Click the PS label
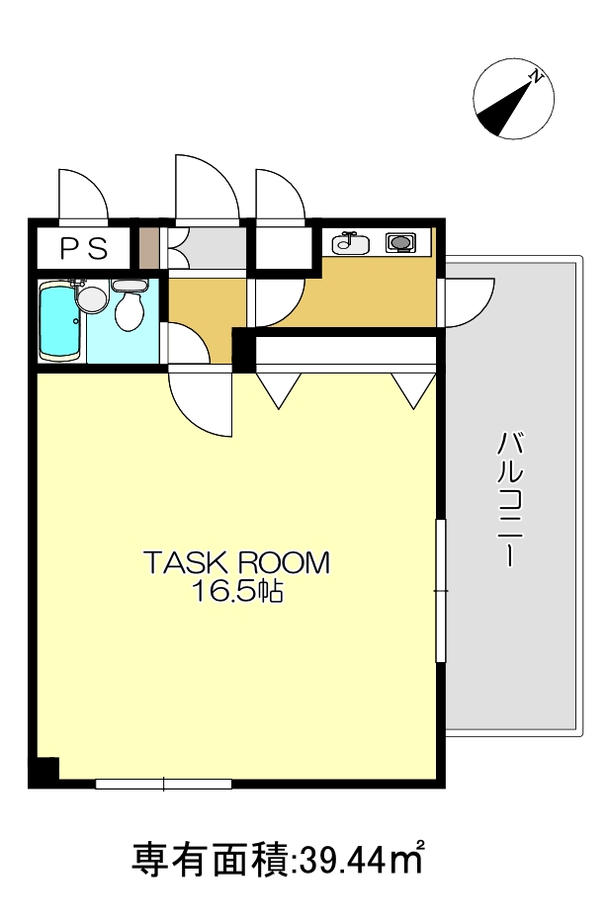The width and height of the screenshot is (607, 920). [x=83, y=249]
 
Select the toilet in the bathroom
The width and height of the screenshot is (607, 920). [x=129, y=308]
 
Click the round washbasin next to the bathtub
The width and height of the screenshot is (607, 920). [x=91, y=297]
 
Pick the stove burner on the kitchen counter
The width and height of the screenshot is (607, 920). [x=400, y=242]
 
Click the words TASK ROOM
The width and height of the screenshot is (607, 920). [x=236, y=563]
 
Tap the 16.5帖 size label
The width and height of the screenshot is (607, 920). [x=236, y=592]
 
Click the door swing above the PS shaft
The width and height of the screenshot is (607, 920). [x=81, y=196]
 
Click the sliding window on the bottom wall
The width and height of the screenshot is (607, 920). [x=164, y=784]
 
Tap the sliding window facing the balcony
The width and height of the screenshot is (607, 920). [x=441, y=591]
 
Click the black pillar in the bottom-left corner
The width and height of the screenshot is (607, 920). [x=44, y=772]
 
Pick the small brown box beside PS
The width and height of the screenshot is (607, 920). [x=148, y=248]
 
